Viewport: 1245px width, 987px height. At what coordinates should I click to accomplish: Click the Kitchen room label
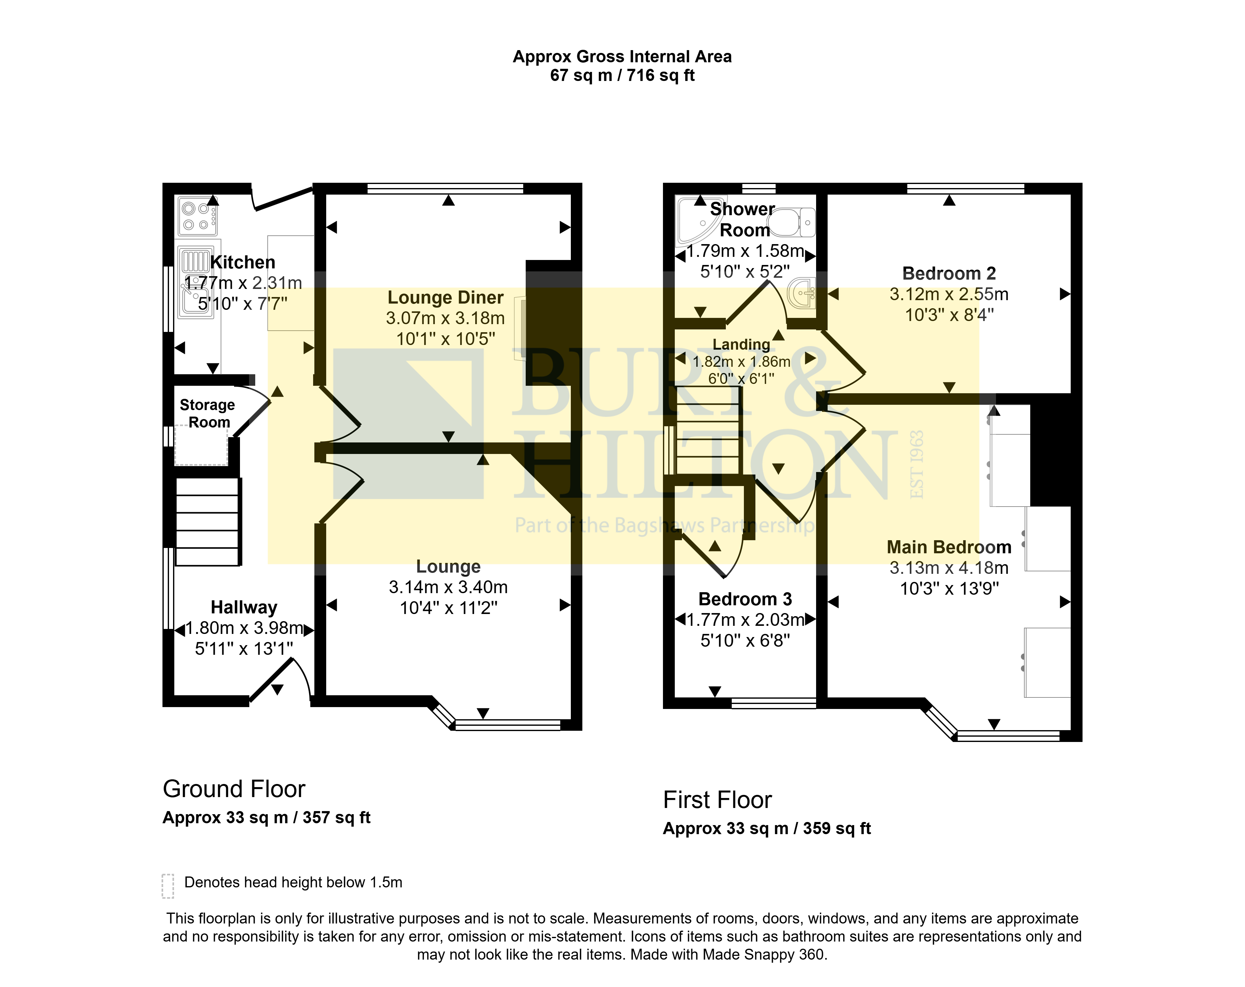[242, 262]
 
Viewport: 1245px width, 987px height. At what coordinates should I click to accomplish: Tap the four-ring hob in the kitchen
[198, 217]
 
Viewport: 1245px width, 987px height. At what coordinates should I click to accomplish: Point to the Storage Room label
[207, 413]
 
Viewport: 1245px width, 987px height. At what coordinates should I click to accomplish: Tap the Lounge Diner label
[445, 297]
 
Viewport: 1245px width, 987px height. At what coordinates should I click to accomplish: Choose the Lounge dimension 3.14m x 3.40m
[448, 587]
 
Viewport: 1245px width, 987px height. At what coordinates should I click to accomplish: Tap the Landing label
[741, 344]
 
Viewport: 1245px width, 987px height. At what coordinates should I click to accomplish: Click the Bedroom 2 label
[949, 273]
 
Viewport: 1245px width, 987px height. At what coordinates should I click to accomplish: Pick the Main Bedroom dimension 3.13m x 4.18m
[949, 568]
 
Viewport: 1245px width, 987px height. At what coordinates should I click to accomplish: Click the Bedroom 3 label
[745, 599]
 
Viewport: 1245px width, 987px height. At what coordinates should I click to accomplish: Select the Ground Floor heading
[234, 789]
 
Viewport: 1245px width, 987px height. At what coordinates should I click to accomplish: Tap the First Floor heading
[717, 800]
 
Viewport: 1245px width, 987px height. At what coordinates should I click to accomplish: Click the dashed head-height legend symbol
[168, 886]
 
